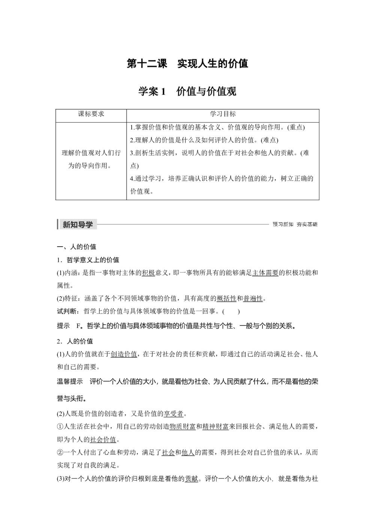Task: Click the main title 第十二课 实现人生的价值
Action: (187, 64)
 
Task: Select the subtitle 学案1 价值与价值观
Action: (187, 91)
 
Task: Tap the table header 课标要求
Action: (91, 114)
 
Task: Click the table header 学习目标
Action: (223, 114)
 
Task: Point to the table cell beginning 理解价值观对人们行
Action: (91, 159)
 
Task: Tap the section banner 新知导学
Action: (77, 225)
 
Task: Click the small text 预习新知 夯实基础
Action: (295, 225)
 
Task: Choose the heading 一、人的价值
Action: (76, 247)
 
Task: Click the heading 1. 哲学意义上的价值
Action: (88, 260)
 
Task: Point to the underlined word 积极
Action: (148, 273)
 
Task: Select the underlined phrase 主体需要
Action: (265, 273)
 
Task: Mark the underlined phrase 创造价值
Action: (124, 354)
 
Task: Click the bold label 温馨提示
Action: (70, 382)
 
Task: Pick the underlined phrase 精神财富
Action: (215, 427)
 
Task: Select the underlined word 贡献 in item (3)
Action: (191, 479)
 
